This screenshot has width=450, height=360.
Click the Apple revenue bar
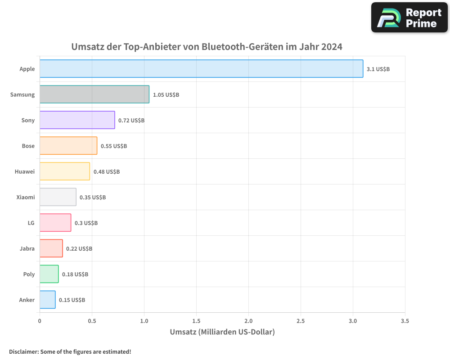tap(201, 69)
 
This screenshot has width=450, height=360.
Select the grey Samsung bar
tap(94, 94)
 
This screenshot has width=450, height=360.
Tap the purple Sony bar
tap(77, 120)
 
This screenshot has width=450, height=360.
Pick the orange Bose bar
tap(68, 146)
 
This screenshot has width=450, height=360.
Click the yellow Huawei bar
tap(65, 171)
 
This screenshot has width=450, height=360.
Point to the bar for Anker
tap(48, 300)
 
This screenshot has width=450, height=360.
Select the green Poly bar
tap(49, 274)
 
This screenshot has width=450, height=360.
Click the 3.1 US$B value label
tap(378, 69)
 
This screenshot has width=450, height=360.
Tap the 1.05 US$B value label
tap(166, 95)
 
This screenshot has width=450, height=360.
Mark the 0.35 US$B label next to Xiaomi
tap(93, 198)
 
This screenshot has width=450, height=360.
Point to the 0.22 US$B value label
tap(79, 249)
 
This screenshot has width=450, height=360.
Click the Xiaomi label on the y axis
tap(25, 197)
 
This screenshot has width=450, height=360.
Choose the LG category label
tap(31, 223)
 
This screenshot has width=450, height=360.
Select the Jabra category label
tap(27, 248)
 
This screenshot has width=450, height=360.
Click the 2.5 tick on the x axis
tap(301, 321)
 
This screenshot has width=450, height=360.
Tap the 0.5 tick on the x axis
tap(92, 321)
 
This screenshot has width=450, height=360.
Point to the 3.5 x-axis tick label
tap(405, 321)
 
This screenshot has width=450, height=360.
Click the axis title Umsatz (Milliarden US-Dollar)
tap(222, 332)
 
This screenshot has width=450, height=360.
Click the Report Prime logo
tap(409, 18)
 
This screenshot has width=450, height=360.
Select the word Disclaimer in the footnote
tap(23, 352)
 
